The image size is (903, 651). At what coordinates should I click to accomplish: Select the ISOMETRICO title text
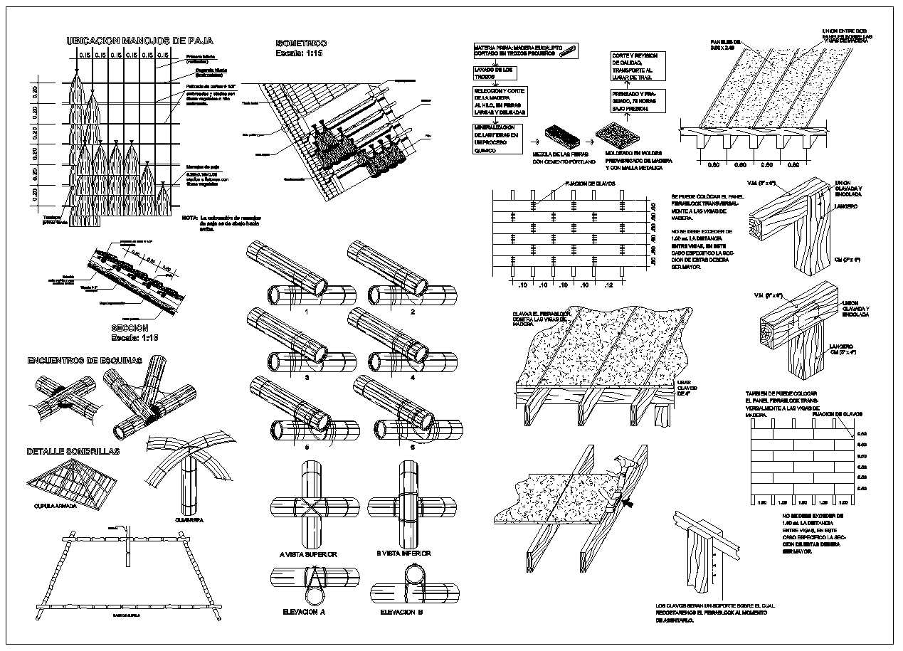[x=301, y=43]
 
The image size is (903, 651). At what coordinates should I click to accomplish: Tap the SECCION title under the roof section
[x=134, y=327]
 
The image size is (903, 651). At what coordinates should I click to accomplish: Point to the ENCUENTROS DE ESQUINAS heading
[x=85, y=361]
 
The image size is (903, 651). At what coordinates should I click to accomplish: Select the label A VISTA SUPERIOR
[x=308, y=554]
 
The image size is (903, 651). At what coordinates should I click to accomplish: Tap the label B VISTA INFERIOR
[x=406, y=554]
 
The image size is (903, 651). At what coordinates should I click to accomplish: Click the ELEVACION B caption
[x=401, y=612]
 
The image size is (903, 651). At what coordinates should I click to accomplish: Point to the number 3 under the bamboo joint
[x=307, y=378]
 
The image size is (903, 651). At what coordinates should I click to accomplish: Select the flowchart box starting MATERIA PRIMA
[x=525, y=51]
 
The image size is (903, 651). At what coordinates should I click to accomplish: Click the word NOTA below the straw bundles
[x=189, y=218]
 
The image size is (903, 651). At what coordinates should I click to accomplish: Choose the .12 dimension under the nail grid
[x=606, y=285]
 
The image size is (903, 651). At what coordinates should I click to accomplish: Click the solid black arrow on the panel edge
[x=629, y=504]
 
